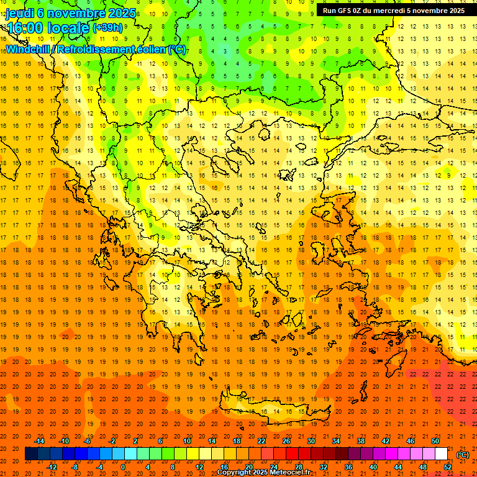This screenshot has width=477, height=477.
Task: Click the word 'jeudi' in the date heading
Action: pyautogui.click(x=20, y=12)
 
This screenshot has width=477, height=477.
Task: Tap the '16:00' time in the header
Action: pyautogui.click(x=24, y=28)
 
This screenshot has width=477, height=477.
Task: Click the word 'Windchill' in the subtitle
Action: pyautogui.click(x=28, y=49)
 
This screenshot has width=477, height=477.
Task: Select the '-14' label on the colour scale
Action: pyautogui.click(x=41, y=441)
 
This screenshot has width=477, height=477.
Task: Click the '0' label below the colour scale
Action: pyautogui.click(x=122, y=466)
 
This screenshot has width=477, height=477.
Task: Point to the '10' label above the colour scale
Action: pyautogui.click(x=186, y=441)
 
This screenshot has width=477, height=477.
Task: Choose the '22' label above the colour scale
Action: pyautogui.click(x=261, y=441)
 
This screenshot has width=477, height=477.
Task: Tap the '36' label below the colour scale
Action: pyautogui.click(x=348, y=466)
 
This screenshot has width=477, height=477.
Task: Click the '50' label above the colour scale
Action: pyautogui.click(x=435, y=441)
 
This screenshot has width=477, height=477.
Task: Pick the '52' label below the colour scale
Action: pyautogui.click(x=448, y=466)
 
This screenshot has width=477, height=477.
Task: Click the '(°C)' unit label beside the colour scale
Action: pyautogui.click(x=463, y=454)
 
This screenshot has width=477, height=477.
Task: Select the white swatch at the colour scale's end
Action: pyautogui.click(x=441, y=453)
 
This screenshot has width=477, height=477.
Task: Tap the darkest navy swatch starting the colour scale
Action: pyautogui.click(x=31, y=453)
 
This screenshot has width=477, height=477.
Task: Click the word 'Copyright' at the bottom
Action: pyautogui.click(x=235, y=473)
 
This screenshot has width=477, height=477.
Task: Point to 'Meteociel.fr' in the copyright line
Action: pyautogui.click(x=289, y=473)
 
